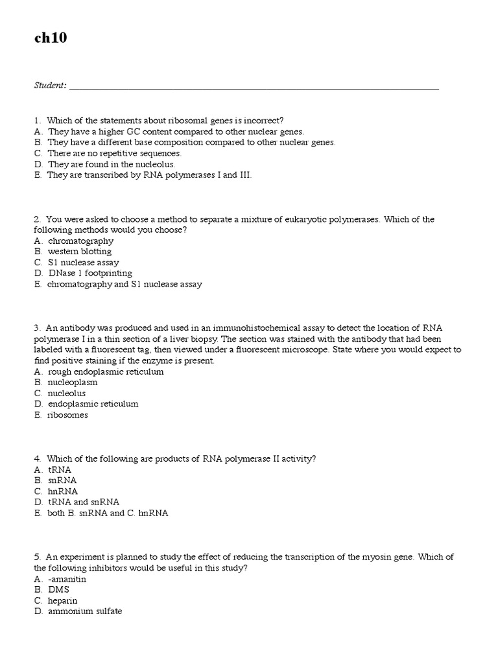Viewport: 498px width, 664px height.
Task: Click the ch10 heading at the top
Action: point(51,39)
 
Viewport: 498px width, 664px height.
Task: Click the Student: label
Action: point(50,86)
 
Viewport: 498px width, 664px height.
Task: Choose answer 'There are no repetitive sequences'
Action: point(114,153)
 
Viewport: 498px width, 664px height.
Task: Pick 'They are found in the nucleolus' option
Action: point(112,164)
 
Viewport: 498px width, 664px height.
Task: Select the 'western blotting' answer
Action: point(79,252)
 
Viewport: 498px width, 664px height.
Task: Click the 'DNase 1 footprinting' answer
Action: point(89,273)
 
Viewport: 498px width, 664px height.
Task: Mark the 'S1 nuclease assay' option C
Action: point(83,263)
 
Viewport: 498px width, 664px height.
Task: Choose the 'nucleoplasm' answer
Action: point(73,383)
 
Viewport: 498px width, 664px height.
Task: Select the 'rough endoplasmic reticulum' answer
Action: point(106,372)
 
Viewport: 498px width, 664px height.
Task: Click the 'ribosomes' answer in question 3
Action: point(67,415)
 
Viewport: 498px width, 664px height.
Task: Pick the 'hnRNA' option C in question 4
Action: point(63,491)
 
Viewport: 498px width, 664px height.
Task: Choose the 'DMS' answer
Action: point(58,589)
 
